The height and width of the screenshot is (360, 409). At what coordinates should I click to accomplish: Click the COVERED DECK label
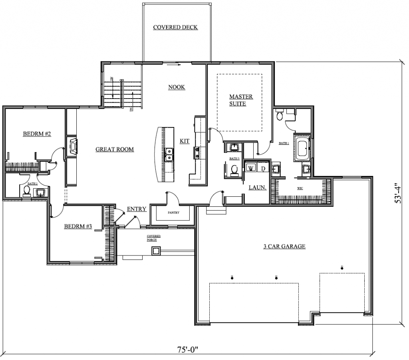point(175,28)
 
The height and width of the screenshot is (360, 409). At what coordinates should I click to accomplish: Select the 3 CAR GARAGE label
point(284,247)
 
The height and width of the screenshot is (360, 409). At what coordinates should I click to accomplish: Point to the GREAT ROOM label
point(115,149)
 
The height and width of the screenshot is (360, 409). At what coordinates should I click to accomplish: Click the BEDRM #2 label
point(37,134)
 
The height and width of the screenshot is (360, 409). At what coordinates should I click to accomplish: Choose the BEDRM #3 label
point(78,227)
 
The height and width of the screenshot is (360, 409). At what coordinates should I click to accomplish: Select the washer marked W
point(251,168)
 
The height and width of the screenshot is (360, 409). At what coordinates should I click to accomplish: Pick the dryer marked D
point(263,168)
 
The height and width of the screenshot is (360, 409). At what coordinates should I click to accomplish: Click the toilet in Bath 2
point(27,190)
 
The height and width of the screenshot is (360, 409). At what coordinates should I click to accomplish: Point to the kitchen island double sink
point(169,154)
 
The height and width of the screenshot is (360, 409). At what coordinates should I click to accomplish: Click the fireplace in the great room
point(73,146)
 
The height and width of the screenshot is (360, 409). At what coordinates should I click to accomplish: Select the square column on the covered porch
point(156,251)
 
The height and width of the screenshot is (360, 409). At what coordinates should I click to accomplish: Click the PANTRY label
point(173,213)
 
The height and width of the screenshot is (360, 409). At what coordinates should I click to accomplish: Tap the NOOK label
point(177,87)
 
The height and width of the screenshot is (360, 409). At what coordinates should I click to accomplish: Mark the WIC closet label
point(300,187)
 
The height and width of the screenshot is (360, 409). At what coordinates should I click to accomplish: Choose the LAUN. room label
point(257,187)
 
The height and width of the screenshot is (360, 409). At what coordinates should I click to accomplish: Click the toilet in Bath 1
point(280,116)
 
